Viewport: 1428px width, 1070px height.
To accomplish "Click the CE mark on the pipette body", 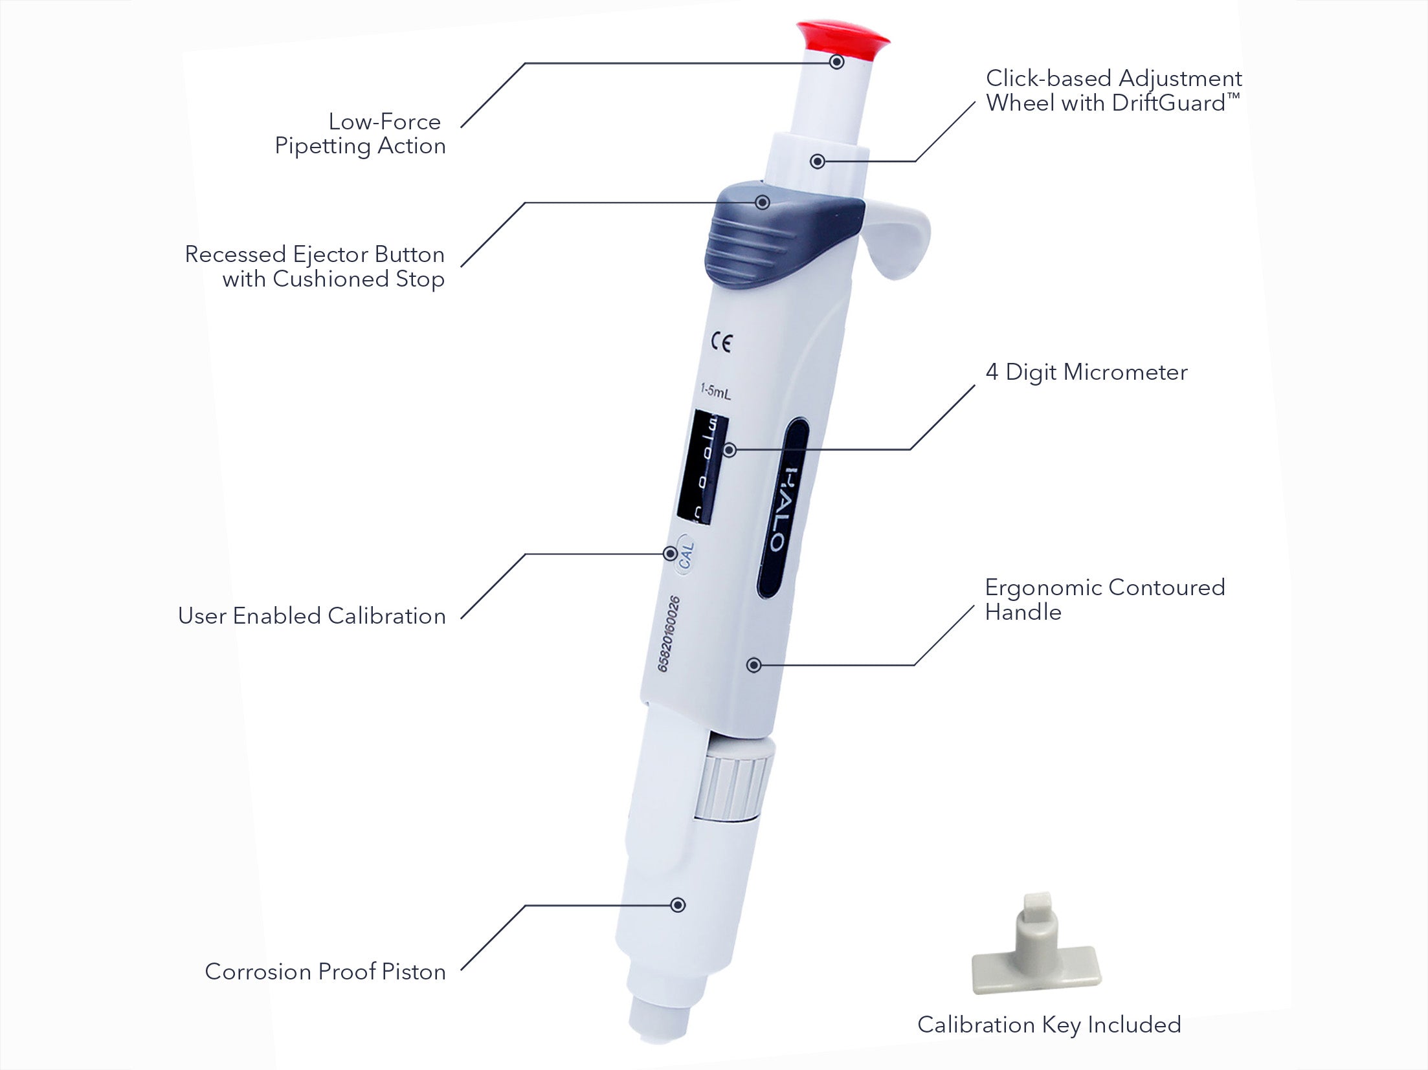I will click(722, 342).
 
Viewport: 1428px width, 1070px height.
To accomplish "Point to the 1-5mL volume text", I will click(715, 390).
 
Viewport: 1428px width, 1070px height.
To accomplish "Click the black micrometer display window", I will click(702, 466).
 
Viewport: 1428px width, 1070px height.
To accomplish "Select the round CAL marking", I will click(685, 554).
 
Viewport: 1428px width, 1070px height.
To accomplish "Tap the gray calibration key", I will click(1036, 957).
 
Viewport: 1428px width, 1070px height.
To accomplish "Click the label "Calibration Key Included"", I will click(1049, 1025).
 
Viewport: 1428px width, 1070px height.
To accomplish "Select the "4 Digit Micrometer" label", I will click(1086, 373).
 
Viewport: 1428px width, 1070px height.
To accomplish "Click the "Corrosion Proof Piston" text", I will click(325, 972).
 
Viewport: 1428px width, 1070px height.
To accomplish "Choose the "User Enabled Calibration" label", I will click(312, 616).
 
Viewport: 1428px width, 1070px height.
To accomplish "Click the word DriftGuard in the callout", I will click(1168, 104).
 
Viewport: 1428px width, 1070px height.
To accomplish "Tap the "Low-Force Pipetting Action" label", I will click(361, 134).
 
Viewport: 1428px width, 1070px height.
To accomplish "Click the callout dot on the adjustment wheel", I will click(818, 161).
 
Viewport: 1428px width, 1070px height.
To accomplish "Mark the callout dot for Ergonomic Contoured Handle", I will click(753, 665).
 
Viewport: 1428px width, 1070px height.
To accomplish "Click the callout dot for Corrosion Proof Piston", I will click(678, 905).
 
